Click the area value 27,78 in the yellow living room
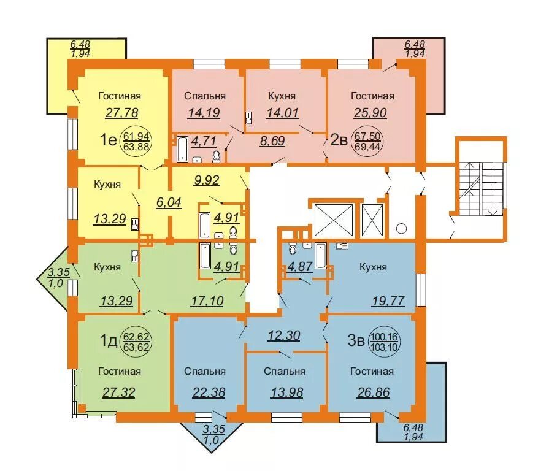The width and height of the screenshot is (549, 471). point(121,113)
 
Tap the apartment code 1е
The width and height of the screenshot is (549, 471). point(108,140)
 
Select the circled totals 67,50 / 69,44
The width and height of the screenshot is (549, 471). point(367,142)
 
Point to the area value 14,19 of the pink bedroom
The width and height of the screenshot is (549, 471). point(204,113)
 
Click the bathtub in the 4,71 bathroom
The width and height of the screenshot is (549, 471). point(183,150)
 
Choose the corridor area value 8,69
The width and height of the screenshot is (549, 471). point(272,141)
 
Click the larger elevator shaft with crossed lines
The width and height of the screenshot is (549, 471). point(334,220)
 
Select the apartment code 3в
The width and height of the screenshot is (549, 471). point(356,341)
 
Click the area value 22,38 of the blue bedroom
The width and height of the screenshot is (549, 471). point(209,392)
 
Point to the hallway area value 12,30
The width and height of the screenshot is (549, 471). point(283,335)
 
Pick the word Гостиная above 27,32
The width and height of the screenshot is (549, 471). point(120,371)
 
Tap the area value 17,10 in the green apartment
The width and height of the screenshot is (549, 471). point(207,301)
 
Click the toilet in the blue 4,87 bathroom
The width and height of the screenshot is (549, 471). point(292,249)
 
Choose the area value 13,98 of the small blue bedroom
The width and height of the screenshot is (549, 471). point(286,392)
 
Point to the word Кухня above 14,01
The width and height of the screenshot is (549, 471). point(282,96)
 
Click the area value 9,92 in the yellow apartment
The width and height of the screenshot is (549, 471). point(207,180)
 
